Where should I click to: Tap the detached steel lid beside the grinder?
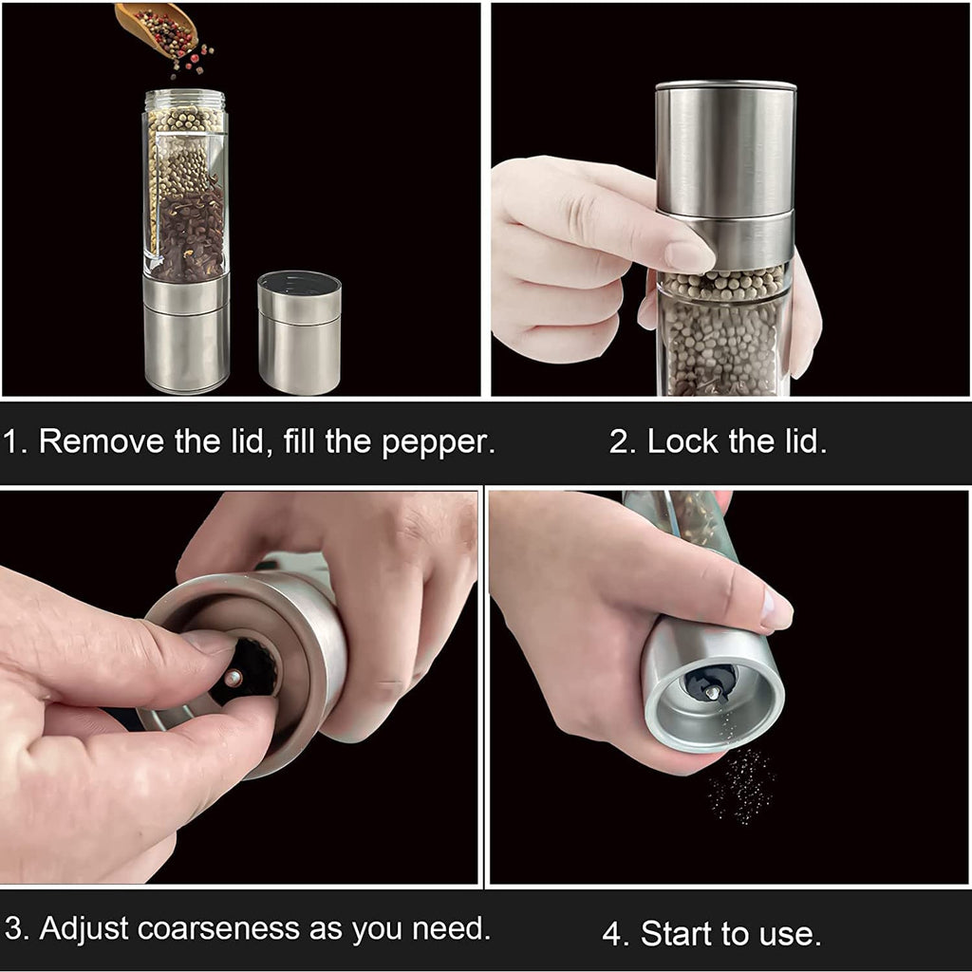(x=299, y=331)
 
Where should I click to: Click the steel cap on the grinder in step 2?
(x=725, y=152)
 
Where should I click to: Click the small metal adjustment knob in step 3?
(x=233, y=678)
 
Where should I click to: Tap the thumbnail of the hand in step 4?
(x=776, y=608)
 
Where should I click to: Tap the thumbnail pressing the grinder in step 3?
(x=209, y=643)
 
